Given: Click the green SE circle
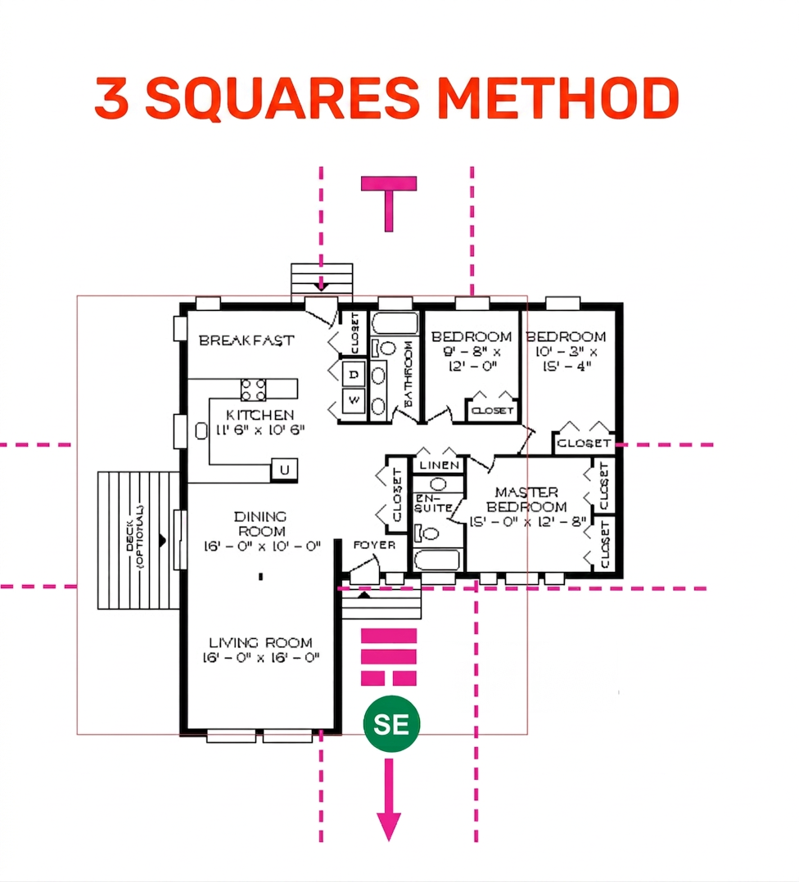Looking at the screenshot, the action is [x=391, y=724].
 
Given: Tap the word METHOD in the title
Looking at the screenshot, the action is [x=557, y=98].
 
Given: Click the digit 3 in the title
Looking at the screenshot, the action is [x=111, y=98].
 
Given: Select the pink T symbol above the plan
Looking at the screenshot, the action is [x=389, y=204].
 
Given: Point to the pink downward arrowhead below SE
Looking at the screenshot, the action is [x=389, y=827].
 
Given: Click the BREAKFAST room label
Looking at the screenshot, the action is [x=246, y=340].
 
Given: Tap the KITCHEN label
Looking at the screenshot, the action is [x=260, y=415].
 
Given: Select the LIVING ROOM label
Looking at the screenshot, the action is [x=260, y=642].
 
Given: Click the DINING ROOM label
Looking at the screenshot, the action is [x=260, y=524].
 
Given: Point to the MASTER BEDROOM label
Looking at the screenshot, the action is [x=526, y=499].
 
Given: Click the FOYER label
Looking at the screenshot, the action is [x=374, y=545].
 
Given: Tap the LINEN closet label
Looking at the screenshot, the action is [x=440, y=466].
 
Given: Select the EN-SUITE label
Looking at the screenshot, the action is [x=434, y=503].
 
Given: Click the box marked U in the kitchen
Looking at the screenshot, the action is [x=284, y=470].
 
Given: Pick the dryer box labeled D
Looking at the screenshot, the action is [x=354, y=374].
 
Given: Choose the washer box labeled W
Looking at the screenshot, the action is [x=354, y=401].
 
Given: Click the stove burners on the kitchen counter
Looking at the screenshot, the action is [x=253, y=389].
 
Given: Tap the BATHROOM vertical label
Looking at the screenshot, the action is [x=409, y=374].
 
